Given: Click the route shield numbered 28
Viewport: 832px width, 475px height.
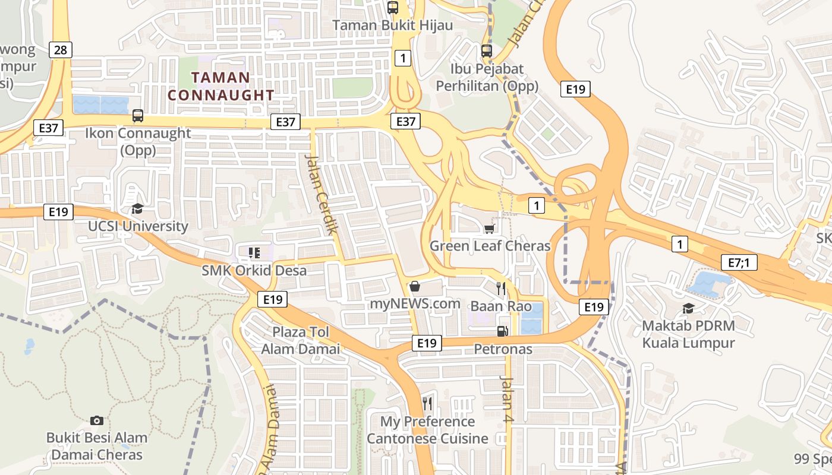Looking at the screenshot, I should coord(61,50).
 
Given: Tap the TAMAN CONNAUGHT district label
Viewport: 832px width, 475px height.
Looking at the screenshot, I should coord(221,86).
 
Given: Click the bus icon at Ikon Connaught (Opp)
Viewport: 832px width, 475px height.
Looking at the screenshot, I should coord(138,116).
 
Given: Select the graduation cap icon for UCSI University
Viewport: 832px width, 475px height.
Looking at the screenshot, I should coord(137,208).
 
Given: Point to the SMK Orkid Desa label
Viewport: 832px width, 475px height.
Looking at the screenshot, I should coord(254,271).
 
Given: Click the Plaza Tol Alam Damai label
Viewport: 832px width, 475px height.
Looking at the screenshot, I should coord(301,340).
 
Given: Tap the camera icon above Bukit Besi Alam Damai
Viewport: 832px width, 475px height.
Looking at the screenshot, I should coord(97,420).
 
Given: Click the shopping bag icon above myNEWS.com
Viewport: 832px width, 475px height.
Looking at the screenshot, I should coord(415,286).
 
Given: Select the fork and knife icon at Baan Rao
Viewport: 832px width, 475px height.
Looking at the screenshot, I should coord(501,289).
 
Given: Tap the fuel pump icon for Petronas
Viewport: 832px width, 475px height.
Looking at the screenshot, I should coord(503,331).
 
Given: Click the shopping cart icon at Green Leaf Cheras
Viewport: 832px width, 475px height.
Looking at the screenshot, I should coord(490,229).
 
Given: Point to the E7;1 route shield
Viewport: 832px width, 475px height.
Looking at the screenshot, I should coord(739,262).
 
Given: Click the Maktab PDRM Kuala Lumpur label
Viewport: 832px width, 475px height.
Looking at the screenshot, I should coord(688,334).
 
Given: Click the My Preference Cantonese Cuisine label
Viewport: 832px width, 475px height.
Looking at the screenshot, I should coord(427,430).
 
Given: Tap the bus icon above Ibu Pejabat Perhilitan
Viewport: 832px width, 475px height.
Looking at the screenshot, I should coord(487,51).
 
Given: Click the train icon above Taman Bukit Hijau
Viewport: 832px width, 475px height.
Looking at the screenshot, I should coord(392,8).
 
